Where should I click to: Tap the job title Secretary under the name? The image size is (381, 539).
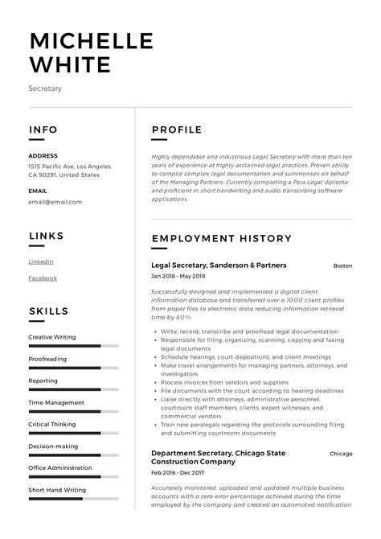click(x=45, y=88)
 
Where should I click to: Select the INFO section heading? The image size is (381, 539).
click(x=43, y=130)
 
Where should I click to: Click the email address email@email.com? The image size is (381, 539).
click(x=55, y=202)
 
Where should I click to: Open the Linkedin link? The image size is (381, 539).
click(x=41, y=261)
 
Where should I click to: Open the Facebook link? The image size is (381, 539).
click(x=43, y=278)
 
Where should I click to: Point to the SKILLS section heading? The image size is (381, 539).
click(x=49, y=311)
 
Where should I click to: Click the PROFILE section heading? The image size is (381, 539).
click(x=176, y=130)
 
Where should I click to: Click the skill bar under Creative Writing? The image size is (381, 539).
click(x=73, y=346)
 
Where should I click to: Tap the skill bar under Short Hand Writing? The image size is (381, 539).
click(x=73, y=499)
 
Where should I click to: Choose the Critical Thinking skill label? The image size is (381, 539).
click(x=52, y=424)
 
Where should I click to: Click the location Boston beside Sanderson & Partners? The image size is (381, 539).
click(x=342, y=265)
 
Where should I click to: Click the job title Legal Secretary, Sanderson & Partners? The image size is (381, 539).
click(x=219, y=265)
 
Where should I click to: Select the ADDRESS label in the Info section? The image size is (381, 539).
click(x=43, y=155)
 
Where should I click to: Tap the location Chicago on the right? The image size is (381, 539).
click(x=341, y=454)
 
